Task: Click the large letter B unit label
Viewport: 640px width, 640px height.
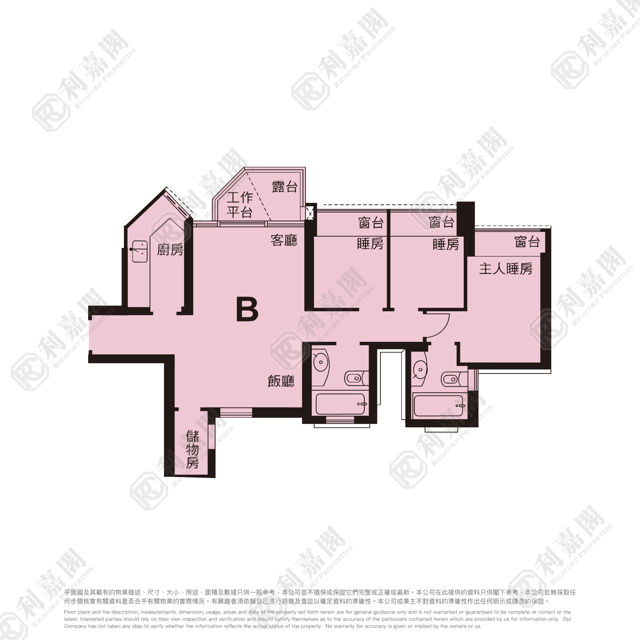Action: pyautogui.click(x=247, y=309)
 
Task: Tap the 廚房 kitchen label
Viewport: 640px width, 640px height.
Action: pyautogui.click(x=170, y=250)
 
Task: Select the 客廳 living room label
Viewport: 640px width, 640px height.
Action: pyautogui.click(x=284, y=240)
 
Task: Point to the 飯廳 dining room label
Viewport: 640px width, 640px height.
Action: pyautogui.click(x=281, y=381)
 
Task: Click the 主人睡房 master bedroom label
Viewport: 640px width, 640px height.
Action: pyautogui.click(x=506, y=269)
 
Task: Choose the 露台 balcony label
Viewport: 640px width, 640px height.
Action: pyautogui.click(x=285, y=187)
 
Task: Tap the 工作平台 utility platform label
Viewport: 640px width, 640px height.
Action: pyautogui.click(x=240, y=205)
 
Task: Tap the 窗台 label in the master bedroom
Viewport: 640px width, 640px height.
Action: pyautogui.click(x=527, y=242)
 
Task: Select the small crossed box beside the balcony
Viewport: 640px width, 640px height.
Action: pyautogui.click(x=310, y=214)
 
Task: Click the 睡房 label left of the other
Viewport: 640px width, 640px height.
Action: pyautogui.click(x=370, y=244)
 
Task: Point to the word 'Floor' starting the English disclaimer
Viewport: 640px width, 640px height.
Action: pyautogui.click(x=70, y=612)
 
